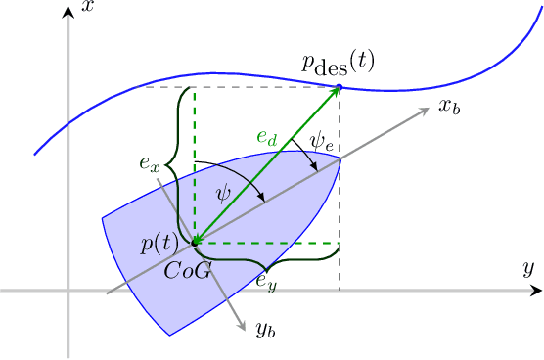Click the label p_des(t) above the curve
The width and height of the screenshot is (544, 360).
coord(338,66)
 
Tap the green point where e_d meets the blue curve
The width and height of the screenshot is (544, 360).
coord(339,88)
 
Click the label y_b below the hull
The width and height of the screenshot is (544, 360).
coord(266,330)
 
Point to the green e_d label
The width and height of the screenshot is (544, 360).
coord(267,140)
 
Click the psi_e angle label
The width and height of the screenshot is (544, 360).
coord(322,142)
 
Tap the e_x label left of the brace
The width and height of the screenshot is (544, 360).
coord(150,162)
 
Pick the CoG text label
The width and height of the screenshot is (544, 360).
coord(189,270)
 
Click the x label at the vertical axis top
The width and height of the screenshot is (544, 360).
coord(88,8)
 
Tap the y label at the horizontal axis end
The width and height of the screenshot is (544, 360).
coord(526,267)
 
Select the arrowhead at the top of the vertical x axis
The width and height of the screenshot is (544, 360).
coord(67,11)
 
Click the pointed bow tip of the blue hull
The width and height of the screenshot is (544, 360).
coord(340,157)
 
